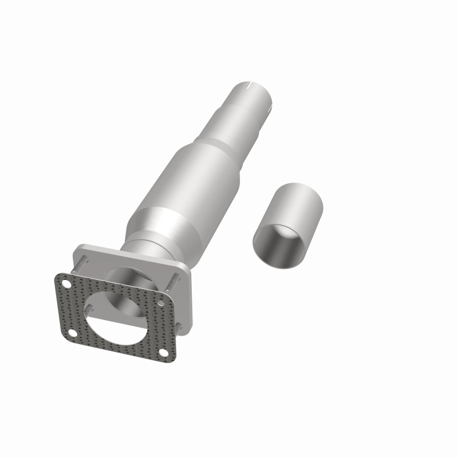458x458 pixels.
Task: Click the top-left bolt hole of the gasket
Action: [x=67, y=285]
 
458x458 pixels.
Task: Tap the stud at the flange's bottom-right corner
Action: [x=178, y=326]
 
